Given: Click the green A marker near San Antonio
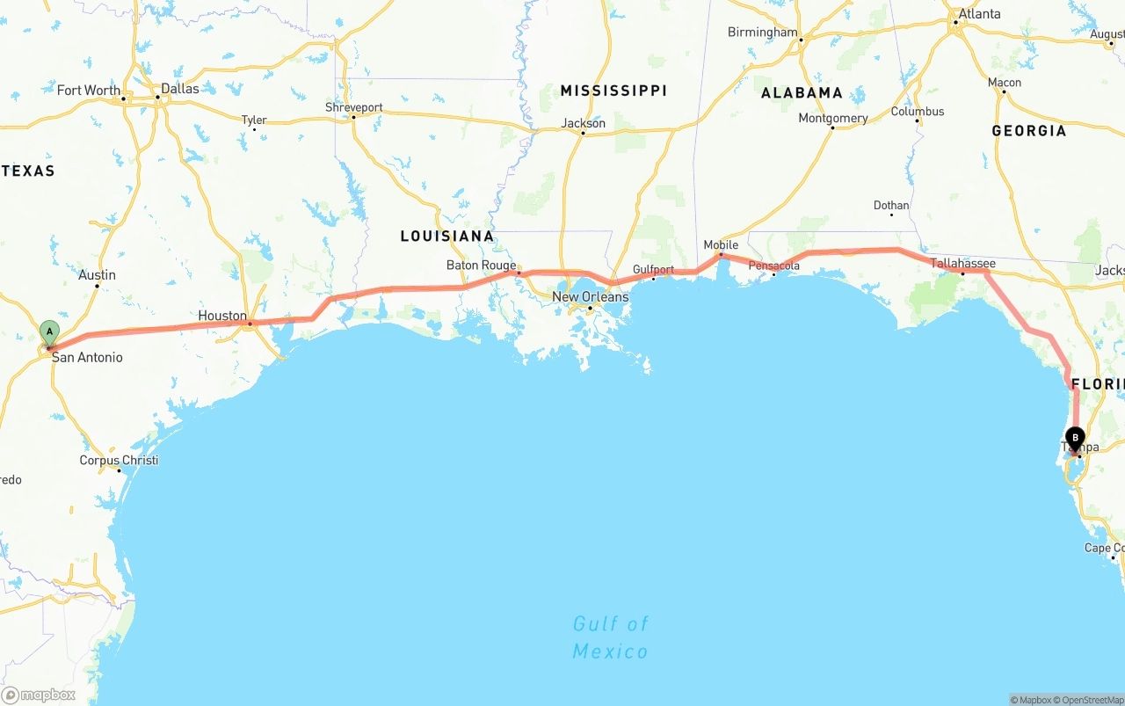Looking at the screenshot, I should tap(50, 334).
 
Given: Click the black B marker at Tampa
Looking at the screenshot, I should tap(1075, 438).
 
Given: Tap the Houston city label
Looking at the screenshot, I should tap(222, 316).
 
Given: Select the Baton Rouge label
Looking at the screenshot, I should tap(481, 265).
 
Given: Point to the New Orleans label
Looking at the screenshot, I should tap(590, 297).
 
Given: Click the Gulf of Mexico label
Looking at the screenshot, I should tap(611, 637).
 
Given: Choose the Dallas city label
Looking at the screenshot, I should tap(180, 89).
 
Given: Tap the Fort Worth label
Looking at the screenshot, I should tap(89, 91).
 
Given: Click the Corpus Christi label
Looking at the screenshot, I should tap(119, 461).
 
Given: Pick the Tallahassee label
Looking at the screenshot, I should tap(962, 263).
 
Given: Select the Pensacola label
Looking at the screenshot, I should tap(773, 266).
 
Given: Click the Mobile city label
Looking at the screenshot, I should tap(721, 244).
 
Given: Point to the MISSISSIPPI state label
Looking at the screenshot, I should tap(613, 91).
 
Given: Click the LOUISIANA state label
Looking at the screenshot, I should tap(446, 236).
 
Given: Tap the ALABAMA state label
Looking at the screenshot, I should tap(802, 92).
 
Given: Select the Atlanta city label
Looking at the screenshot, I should tap(979, 14).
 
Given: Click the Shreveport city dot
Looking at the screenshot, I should tap(353, 117).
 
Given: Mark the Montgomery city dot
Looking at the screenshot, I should tap(832, 127).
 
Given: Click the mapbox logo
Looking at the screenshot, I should tap(39, 695).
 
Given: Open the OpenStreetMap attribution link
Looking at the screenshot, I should tap(1089, 700).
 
